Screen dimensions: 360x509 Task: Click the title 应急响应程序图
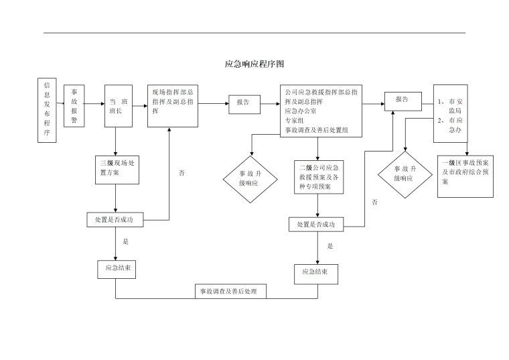(x=254, y=64)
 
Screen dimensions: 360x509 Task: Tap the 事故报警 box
(x=74, y=106)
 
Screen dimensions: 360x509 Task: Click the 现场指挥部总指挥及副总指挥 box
(x=173, y=106)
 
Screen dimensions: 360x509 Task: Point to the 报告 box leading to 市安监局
(x=403, y=100)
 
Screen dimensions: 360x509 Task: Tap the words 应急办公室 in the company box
(x=301, y=111)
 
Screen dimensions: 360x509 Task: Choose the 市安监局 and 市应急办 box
(x=451, y=113)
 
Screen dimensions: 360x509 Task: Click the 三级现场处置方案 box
(x=117, y=168)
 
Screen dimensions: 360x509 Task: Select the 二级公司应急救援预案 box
(x=319, y=177)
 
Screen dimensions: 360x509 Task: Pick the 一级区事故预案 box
(x=465, y=178)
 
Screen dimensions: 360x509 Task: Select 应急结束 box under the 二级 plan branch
(x=316, y=273)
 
